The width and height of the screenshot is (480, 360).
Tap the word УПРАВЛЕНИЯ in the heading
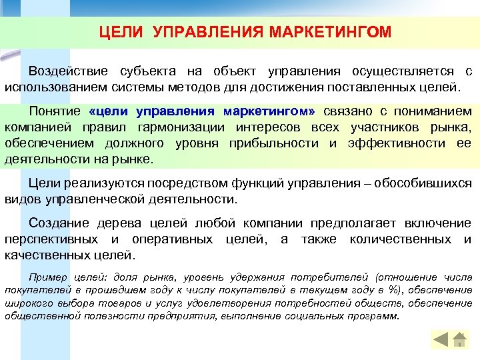208,31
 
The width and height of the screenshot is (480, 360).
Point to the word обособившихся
421,183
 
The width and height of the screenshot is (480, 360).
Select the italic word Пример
43,277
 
